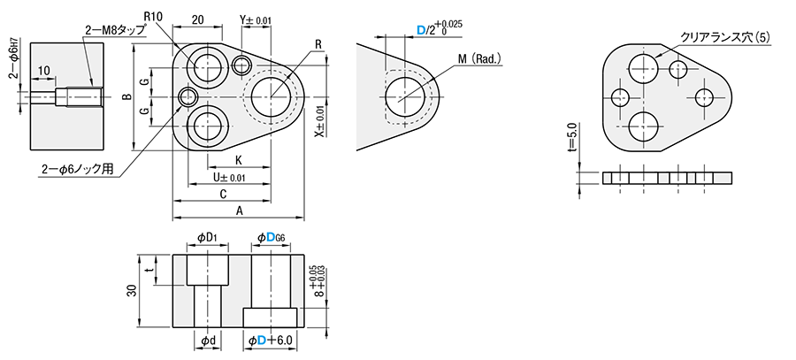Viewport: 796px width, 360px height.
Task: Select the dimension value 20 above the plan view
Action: click(197, 19)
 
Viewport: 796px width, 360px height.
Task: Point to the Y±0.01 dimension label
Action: click(256, 19)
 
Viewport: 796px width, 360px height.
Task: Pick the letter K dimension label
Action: click(239, 160)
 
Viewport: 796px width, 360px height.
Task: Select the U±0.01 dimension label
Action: click(226, 177)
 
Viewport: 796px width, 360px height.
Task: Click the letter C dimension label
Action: click(223, 194)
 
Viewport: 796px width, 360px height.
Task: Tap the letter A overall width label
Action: click(239, 211)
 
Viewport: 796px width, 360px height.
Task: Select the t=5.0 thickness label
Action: click(571, 140)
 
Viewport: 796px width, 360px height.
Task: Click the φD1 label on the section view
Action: click(207, 237)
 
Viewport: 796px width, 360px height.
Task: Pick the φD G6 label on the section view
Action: click(271, 237)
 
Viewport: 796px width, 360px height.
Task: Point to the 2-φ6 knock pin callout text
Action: click(78, 168)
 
